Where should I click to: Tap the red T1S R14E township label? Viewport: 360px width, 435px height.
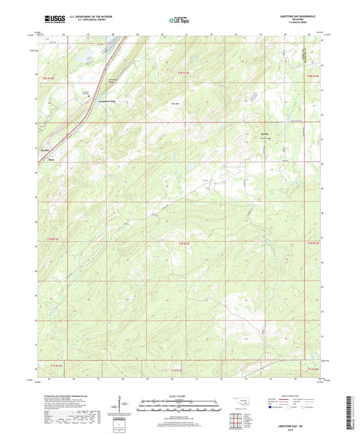(x=313, y=369)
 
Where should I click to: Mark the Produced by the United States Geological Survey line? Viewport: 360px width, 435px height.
(x=71, y=396)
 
